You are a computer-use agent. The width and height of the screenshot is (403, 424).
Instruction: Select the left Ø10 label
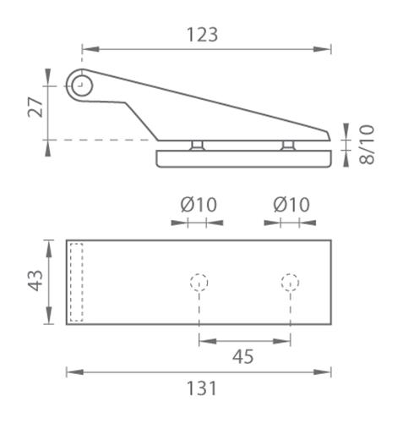click(199, 204)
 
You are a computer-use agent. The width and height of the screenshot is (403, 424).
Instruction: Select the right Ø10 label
click(291, 204)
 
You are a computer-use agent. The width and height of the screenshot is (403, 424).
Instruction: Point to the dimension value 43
click(35, 281)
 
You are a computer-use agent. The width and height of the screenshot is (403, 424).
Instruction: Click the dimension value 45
click(243, 356)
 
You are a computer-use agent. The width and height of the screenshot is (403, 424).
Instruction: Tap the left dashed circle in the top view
click(199, 282)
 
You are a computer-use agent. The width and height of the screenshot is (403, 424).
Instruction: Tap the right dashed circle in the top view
click(291, 282)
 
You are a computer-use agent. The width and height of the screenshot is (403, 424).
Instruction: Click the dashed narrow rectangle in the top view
click(77, 282)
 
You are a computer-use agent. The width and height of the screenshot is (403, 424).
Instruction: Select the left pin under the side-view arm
click(199, 146)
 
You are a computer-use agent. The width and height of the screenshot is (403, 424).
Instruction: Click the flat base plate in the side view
click(242, 158)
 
